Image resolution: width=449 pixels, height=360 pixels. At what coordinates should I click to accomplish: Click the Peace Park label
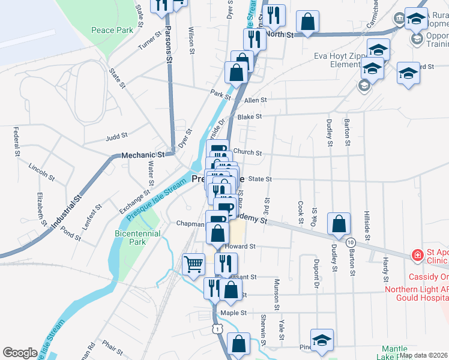click(103, 30)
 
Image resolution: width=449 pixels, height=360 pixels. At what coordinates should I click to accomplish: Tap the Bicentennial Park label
click(137, 238)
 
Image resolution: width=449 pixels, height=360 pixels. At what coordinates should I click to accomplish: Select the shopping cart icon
click(193, 264)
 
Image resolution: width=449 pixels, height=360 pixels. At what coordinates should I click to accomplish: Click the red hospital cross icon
click(417, 256)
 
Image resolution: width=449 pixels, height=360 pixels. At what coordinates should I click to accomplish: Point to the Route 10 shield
click(349, 241)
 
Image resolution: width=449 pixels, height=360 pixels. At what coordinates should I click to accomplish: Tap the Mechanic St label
click(139, 155)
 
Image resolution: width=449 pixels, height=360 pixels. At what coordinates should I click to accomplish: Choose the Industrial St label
click(66, 213)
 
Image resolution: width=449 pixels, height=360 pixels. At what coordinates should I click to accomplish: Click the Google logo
click(20, 352)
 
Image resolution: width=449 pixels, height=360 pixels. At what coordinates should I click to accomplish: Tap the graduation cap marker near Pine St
click(322, 340)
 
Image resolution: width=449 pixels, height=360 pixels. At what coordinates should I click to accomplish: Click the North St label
click(279, 35)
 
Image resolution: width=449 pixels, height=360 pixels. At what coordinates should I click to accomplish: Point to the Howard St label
click(240, 246)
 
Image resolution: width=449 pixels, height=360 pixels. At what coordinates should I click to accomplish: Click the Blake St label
click(249, 117)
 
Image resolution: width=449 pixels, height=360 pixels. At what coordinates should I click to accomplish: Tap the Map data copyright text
click(423, 355)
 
